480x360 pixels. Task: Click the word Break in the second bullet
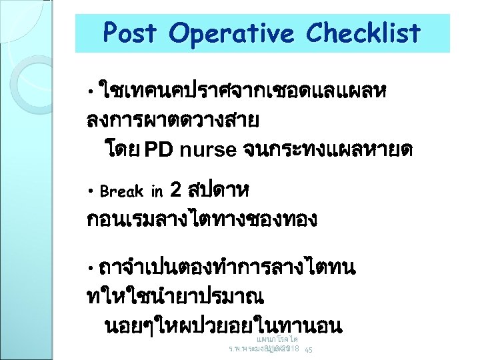tap(121, 192)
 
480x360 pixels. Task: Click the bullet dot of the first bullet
tap(91, 89)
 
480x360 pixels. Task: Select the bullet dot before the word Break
tap(91, 192)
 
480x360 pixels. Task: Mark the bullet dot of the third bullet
tap(91, 269)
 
